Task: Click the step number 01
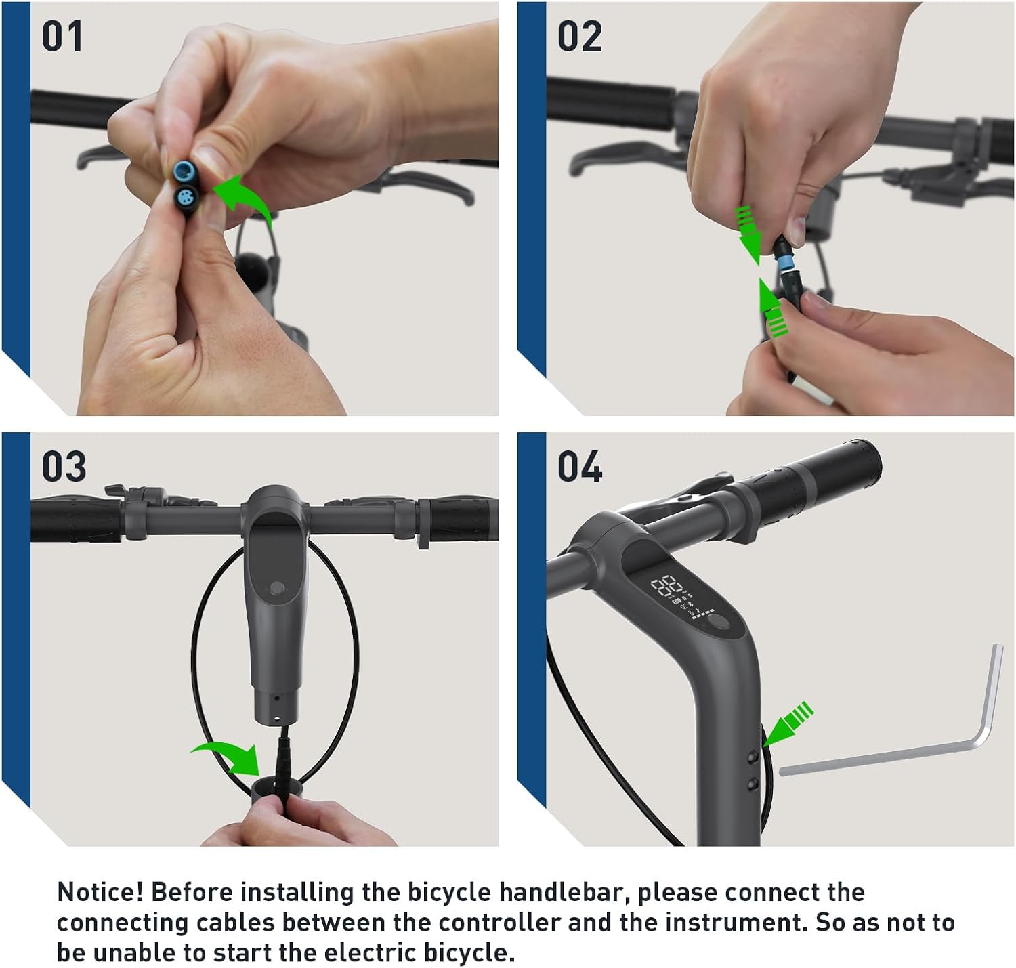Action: click(x=62, y=37)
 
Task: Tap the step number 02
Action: click(x=580, y=37)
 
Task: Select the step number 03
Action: click(x=64, y=467)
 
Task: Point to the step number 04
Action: click(x=580, y=467)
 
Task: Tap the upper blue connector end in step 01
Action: click(x=184, y=170)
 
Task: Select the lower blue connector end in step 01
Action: click(x=185, y=197)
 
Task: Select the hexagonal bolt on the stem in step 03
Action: click(x=277, y=588)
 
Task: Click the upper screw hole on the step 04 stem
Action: click(x=753, y=757)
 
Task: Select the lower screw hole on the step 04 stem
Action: click(x=753, y=786)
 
